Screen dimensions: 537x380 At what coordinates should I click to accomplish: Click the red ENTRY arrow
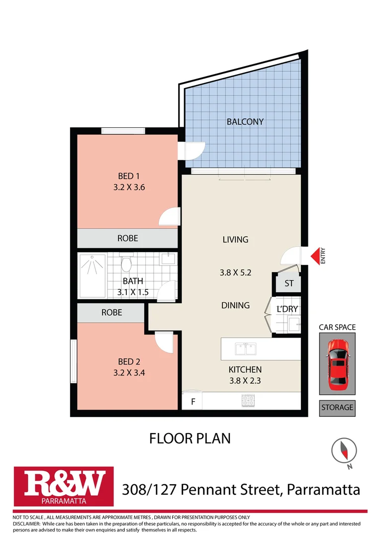click(315, 256)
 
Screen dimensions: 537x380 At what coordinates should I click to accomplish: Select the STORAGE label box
click(337, 408)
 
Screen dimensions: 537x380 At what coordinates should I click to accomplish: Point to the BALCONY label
click(245, 121)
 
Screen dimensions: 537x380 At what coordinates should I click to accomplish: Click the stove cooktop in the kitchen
click(247, 400)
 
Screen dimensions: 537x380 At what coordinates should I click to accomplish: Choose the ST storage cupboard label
click(289, 284)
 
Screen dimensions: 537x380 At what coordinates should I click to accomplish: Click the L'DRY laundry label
click(287, 309)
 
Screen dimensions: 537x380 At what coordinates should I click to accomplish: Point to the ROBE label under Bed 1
click(127, 238)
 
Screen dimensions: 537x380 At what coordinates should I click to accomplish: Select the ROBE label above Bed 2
click(111, 313)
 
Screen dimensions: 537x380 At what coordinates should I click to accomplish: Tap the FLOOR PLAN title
click(190, 438)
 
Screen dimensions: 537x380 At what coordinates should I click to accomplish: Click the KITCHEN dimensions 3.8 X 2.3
click(245, 382)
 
